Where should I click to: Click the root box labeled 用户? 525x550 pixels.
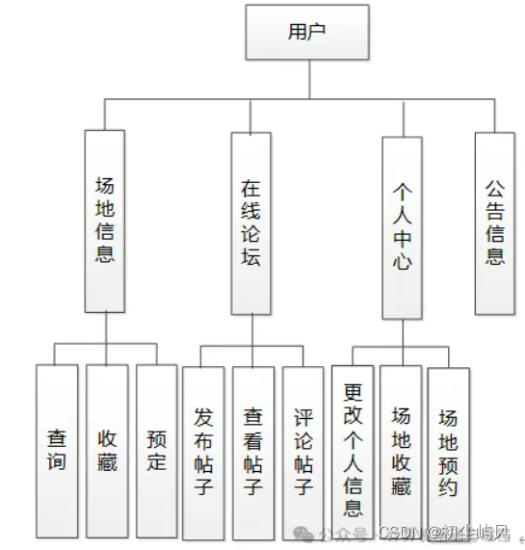[x=306, y=32]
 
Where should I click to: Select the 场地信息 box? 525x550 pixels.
[x=105, y=221]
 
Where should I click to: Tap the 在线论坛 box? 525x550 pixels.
[x=250, y=223]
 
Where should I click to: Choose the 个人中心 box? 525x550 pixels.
[x=402, y=227]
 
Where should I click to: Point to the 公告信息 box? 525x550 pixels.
[x=495, y=222]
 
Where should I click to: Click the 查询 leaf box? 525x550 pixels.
[x=57, y=448]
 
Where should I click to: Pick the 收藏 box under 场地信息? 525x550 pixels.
[x=107, y=448]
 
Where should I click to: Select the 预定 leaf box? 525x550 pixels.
[x=156, y=448]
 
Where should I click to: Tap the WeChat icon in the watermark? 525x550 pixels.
[x=305, y=533]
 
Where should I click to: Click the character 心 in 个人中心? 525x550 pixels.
[x=402, y=263]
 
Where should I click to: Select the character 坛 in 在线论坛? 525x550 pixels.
[x=250, y=259]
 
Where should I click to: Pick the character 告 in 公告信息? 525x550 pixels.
[x=495, y=210]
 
